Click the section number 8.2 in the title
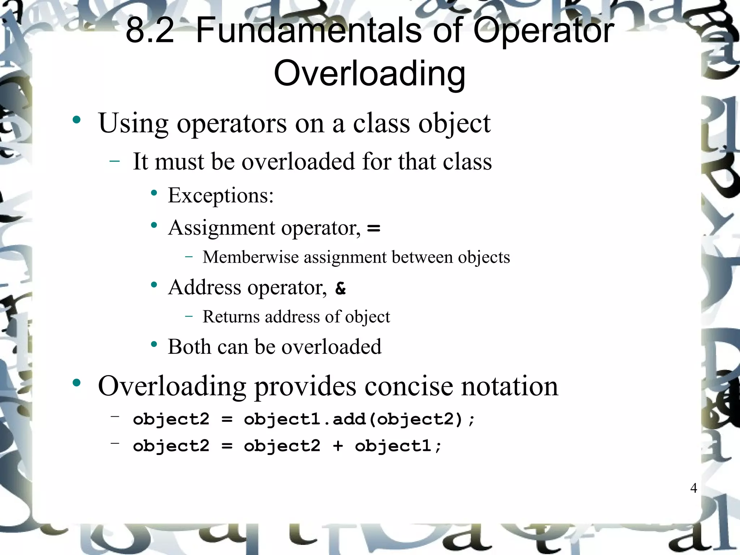150,31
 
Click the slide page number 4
693,488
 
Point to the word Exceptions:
220,195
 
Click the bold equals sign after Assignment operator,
373,228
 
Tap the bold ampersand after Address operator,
340,288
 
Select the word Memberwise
251,257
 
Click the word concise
408,386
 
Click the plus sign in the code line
338,446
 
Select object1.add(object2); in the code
360,420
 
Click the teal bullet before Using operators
76,120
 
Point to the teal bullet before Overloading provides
76,383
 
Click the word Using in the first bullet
133,124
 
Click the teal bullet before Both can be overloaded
154,344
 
